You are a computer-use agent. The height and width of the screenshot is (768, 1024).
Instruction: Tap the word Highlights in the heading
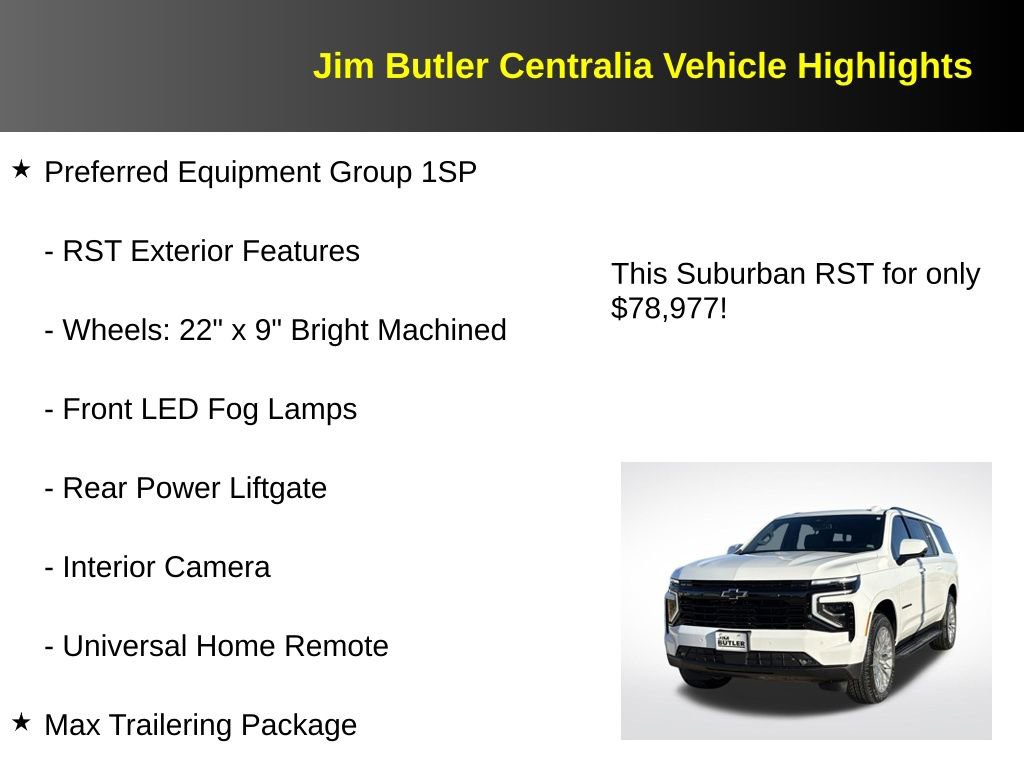coord(884,66)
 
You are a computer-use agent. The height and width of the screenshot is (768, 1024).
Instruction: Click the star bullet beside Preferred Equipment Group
coord(21,170)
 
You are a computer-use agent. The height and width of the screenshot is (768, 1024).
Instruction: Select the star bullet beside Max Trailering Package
coord(21,722)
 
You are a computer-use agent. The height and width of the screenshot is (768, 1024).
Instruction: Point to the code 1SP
coord(448,172)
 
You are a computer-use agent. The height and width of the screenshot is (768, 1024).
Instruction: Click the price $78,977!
coord(668,308)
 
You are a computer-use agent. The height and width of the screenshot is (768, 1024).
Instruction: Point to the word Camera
coord(217,567)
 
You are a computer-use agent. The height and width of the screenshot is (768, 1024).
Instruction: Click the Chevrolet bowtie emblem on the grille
coord(735,594)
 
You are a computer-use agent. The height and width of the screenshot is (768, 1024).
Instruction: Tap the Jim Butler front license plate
coord(731,641)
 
